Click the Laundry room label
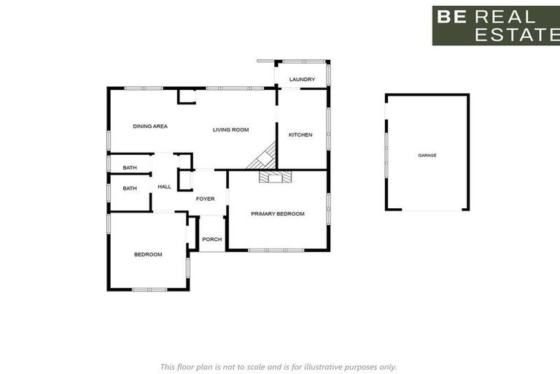pos(302,79)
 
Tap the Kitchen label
pos(300,135)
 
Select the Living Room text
pos(230,130)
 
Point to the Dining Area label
pos(150,126)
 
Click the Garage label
pos(427,156)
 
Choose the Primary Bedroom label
pos(277,214)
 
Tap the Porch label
pos(212,240)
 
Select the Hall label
pos(165,187)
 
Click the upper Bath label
pos(130,168)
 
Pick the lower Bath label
pos(130,188)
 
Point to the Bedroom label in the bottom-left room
pos(148,254)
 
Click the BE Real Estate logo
pos(496,26)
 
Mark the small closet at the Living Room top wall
pos(187,96)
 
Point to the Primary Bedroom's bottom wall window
pos(276,251)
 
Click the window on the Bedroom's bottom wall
pos(149,290)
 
